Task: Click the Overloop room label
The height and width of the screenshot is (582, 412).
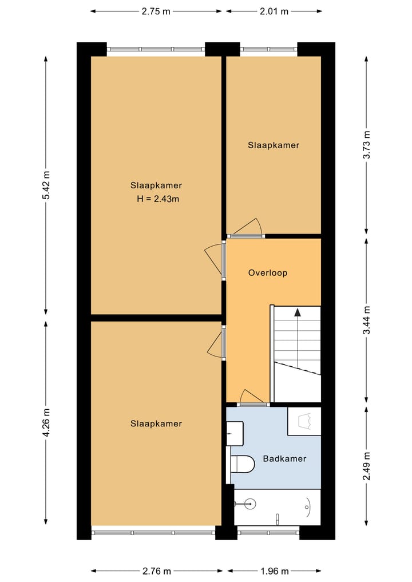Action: [267, 273]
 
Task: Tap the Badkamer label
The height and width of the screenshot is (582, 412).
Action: [284, 458]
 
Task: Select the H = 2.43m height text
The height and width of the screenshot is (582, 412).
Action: [156, 199]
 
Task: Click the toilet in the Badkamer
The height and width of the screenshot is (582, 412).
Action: [243, 464]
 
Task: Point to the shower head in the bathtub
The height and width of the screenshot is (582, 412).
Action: [248, 504]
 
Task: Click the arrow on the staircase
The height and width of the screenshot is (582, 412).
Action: [298, 312]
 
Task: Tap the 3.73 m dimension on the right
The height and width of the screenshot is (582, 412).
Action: [367, 145]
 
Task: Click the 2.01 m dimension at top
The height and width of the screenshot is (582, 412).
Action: [274, 11]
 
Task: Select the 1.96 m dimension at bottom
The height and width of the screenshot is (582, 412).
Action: [274, 571]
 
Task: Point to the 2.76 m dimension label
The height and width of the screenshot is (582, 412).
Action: [156, 571]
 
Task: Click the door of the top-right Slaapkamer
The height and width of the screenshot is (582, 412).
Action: [246, 228]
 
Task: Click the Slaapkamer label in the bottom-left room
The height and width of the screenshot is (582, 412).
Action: [156, 423]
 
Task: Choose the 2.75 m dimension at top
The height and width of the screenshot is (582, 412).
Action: [156, 11]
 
